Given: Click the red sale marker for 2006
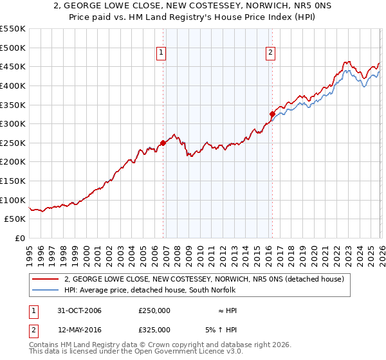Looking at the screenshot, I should (163, 143).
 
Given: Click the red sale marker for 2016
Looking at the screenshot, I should (271, 114).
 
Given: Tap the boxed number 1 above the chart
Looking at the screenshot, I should (161, 53).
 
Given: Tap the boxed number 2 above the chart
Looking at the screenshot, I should (270, 53).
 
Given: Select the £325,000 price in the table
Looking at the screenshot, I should (154, 329).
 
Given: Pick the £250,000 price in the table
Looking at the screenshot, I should (154, 310).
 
